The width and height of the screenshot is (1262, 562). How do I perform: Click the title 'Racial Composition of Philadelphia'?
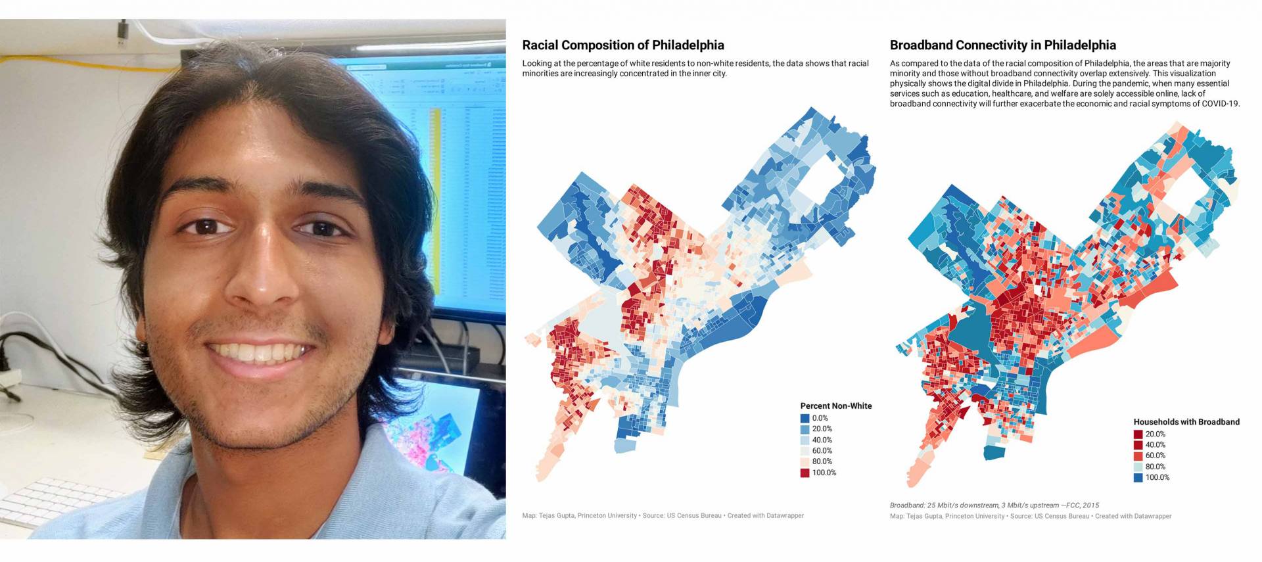(x=622, y=45)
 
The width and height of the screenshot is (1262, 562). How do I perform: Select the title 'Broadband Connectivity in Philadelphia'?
(x=1002, y=45)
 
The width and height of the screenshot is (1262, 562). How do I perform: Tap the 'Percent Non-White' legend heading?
(x=835, y=406)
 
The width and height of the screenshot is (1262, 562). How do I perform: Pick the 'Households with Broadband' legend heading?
(x=1186, y=421)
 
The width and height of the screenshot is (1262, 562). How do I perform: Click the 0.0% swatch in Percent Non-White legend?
(x=805, y=418)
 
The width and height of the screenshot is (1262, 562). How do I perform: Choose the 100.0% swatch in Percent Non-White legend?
(x=805, y=473)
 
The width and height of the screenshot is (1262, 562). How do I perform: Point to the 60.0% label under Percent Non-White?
(x=822, y=451)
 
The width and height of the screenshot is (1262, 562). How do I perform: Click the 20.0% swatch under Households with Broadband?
(x=1138, y=434)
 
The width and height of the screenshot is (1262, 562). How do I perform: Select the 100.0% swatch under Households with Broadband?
(x=1138, y=477)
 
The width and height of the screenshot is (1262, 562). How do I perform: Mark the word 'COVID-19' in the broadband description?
(x=1221, y=104)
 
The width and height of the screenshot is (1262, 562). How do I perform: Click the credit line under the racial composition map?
(x=663, y=515)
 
